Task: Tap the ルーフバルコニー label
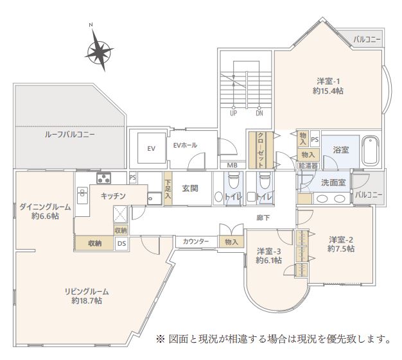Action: [70, 135]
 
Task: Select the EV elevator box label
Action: [151, 149]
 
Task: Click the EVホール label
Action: [185, 145]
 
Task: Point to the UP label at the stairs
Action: [234, 114]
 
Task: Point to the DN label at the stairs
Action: [259, 114]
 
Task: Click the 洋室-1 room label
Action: [329, 86]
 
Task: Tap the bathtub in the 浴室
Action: [372, 150]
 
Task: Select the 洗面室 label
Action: [333, 182]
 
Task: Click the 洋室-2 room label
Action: [340, 243]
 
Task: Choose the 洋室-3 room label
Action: [268, 255]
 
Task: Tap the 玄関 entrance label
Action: [189, 189]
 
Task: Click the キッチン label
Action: [112, 196]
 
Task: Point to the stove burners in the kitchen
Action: [103, 178]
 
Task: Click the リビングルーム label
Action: [86, 295]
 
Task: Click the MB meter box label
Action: [233, 164]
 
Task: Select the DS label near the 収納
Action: [121, 243]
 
